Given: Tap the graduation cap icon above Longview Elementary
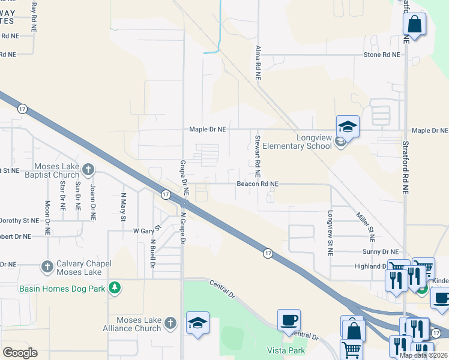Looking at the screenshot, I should tap(348, 127).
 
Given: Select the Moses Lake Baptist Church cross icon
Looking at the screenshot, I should tap(88, 170).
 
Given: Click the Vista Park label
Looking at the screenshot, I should tap(286, 350).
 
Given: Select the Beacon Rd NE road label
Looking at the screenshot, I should tap(258, 184).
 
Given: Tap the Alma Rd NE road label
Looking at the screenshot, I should tap(258, 62).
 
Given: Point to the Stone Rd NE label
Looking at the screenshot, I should tap(382, 55).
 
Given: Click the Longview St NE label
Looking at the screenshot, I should tap(330, 233).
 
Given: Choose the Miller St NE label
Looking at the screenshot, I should tap(364, 226).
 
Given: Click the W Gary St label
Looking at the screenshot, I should tap(148, 230).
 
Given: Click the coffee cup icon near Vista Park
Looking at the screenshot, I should tap(289, 320).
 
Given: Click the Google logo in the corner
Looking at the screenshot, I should tap(20, 353).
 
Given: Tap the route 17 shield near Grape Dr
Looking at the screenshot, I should tap(165, 194).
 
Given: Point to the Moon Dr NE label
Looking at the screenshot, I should tap(47, 216).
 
